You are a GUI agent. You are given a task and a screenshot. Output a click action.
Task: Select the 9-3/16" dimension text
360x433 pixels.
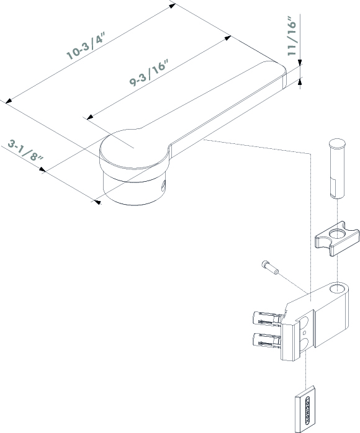pyautogui.click(x=149, y=73)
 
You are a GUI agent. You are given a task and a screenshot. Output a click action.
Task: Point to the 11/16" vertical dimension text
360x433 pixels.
pyautogui.click(x=292, y=36)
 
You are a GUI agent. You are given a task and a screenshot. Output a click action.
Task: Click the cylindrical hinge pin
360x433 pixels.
pyautogui.click(x=337, y=169)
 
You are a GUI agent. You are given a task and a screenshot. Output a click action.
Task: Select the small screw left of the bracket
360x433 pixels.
pyautogui.click(x=270, y=267)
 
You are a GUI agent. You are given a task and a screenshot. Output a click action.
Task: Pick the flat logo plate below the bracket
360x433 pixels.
pyautogui.click(x=305, y=408)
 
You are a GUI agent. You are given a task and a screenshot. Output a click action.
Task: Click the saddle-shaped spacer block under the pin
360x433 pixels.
pyautogui.click(x=337, y=239)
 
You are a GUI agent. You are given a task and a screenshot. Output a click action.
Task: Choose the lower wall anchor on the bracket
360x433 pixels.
pyautogui.click(x=268, y=340)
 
